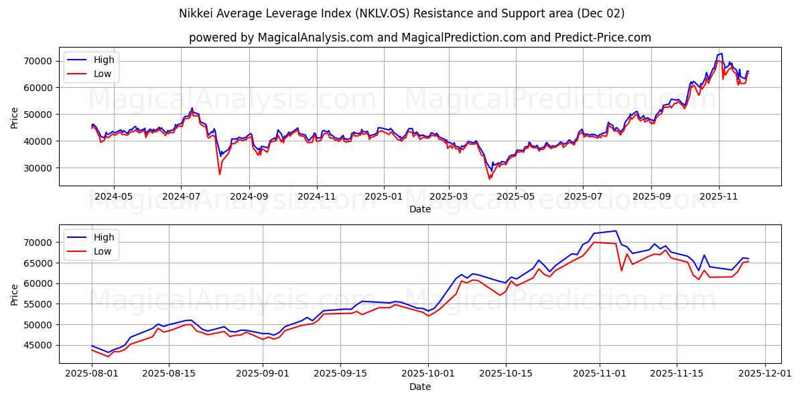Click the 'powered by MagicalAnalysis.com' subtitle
coord(419,38)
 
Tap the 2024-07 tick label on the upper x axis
coord(181,197)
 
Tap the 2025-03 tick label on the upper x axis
coord(448,197)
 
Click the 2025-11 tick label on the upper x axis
coord(719,197)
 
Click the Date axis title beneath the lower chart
coord(420,387)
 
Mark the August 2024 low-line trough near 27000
coord(219,175)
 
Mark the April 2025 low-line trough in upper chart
coord(489,179)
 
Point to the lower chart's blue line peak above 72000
coord(616,231)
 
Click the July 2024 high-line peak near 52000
coord(192,108)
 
